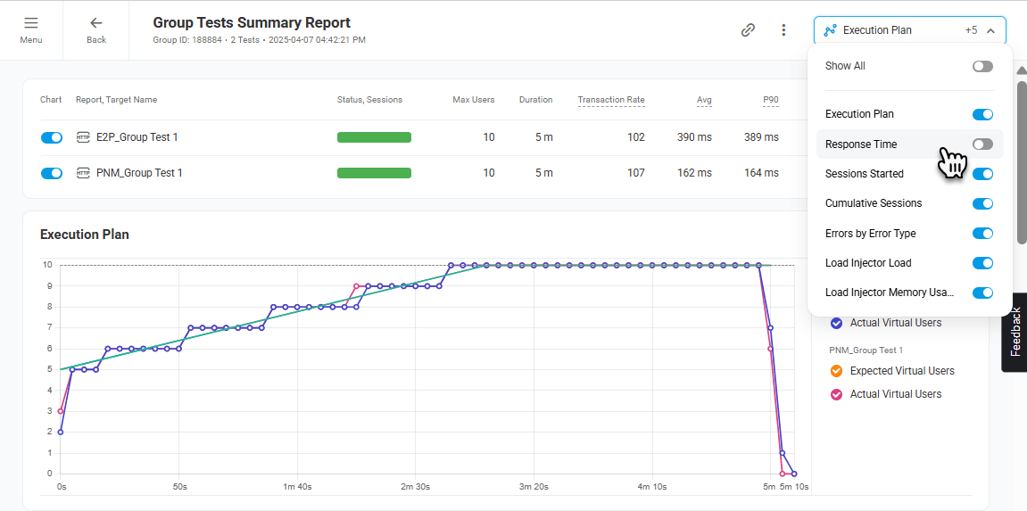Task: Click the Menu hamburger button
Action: click(x=31, y=29)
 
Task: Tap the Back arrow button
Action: click(x=96, y=29)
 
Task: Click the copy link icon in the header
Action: click(x=748, y=30)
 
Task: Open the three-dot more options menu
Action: click(x=783, y=30)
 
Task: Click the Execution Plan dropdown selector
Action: click(x=909, y=30)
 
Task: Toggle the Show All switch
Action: click(x=982, y=67)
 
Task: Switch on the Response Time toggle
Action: click(x=982, y=144)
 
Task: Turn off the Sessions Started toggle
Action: click(x=982, y=174)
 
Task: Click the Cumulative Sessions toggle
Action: click(x=982, y=204)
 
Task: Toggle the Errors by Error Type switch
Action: click(x=982, y=234)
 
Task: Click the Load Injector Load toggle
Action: click(x=982, y=263)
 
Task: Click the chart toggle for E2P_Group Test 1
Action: click(x=52, y=137)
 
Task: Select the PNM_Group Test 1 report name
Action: click(x=138, y=173)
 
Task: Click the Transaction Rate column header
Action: click(x=610, y=100)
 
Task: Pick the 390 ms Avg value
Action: click(x=694, y=137)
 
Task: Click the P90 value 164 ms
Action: click(x=761, y=173)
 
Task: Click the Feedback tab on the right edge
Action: click(x=1015, y=332)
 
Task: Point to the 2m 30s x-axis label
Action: click(x=415, y=487)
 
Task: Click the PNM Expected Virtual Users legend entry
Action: click(x=901, y=371)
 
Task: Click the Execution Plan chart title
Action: click(x=85, y=235)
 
